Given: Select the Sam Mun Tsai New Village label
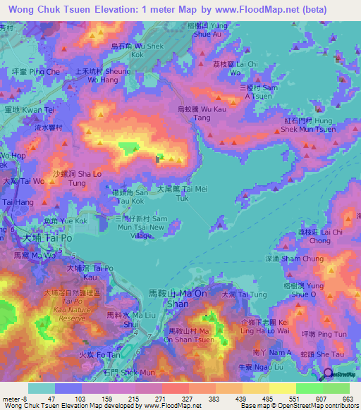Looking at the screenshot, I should [x=140, y=228].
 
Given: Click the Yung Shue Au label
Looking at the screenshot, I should [x=212, y=30].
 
